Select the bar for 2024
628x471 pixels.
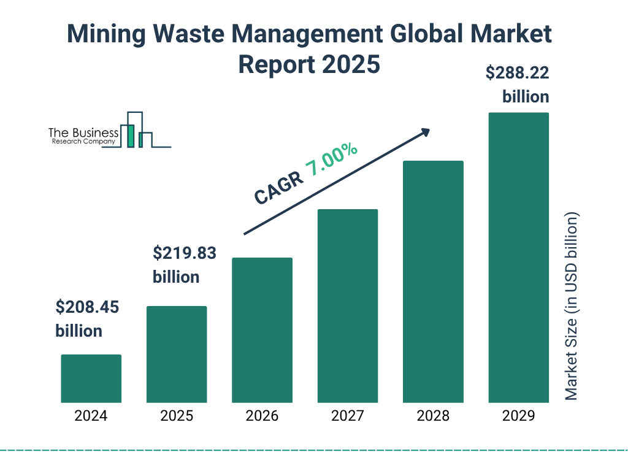coord(91,378)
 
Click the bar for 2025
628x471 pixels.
coord(177,354)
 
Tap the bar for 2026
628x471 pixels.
coord(262,330)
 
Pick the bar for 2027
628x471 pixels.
coord(347,305)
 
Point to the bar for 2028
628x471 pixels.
coord(433,281)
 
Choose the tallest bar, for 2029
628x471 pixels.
coord(518,258)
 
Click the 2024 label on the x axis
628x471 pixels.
coord(91,416)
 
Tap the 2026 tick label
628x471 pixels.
coord(262,416)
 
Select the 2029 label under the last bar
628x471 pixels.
coord(518,416)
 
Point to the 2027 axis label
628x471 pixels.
coord(347,416)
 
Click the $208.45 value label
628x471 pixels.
coord(87,307)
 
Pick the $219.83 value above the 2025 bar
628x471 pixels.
coord(185,253)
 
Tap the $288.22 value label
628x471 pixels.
coord(517,74)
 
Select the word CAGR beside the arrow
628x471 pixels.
coord(278,188)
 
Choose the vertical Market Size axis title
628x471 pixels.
coord(572,307)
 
